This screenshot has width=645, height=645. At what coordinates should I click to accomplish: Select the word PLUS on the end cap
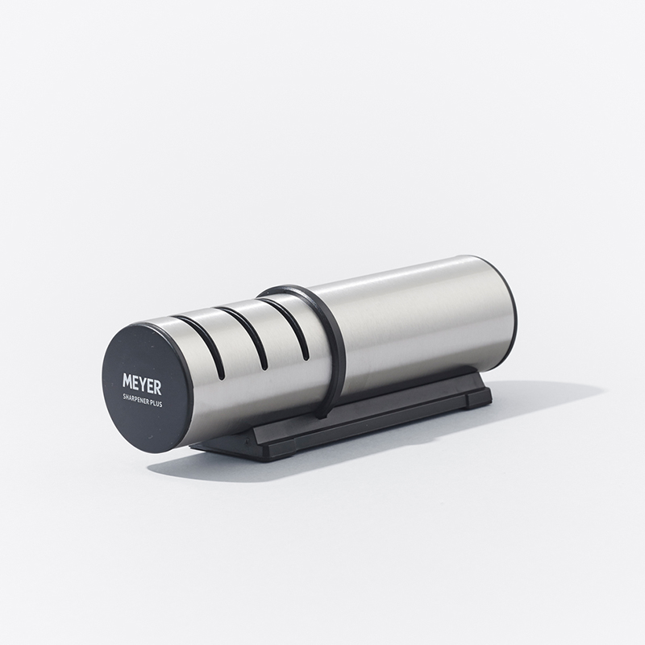pyautogui.click(x=156, y=404)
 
